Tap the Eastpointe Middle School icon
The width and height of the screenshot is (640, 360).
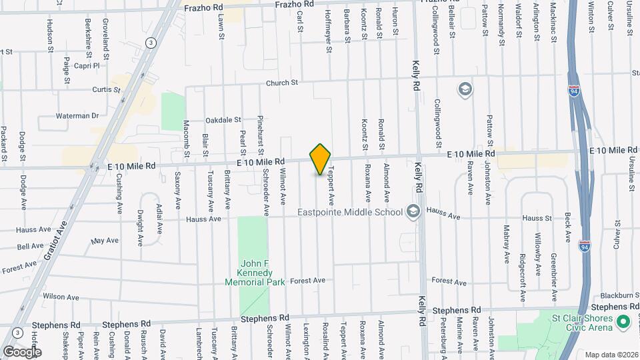[x=413, y=211]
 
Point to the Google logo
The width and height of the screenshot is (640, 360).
[x=21, y=351]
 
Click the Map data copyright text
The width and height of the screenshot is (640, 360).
[x=611, y=355]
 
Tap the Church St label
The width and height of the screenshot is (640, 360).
[x=281, y=83]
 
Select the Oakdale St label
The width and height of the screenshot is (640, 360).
[x=223, y=120]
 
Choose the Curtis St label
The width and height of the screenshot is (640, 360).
[x=106, y=89]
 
